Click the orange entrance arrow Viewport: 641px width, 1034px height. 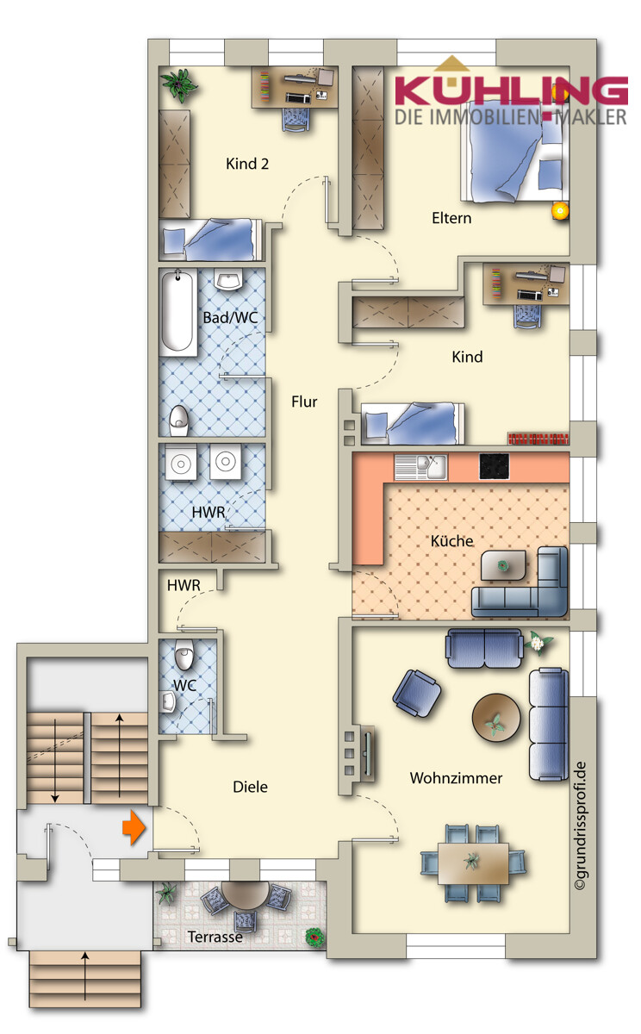pyautogui.click(x=133, y=827)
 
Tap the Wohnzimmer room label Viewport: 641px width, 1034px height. pyautogui.click(x=456, y=778)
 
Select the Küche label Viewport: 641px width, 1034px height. pyautogui.click(x=452, y=541)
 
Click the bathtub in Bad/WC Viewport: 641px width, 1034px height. pyautogui.click(x=178, y=311)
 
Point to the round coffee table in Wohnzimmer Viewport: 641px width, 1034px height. pyautogui.click(x=496, y=715)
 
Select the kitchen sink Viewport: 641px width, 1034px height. pyautogui.click(x=421, y=467)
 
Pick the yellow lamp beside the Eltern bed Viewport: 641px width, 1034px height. pyautogui.click(x=560, y=209)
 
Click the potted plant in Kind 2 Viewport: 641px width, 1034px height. pyautogui.click(x=180, y=84)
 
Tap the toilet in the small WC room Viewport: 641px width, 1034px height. pyautogui.click(x=183, y=658)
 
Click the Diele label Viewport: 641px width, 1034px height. pyautogui.click(x=251, y=787)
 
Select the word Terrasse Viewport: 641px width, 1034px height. pyautogui.click(x=215, y=937)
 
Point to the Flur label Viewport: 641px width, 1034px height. pyautogui.click(x=304, y=402)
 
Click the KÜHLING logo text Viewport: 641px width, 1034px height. pyautogui.click(x=510, y=90)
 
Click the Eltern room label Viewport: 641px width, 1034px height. pyautogui.click(x=451, y=218)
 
